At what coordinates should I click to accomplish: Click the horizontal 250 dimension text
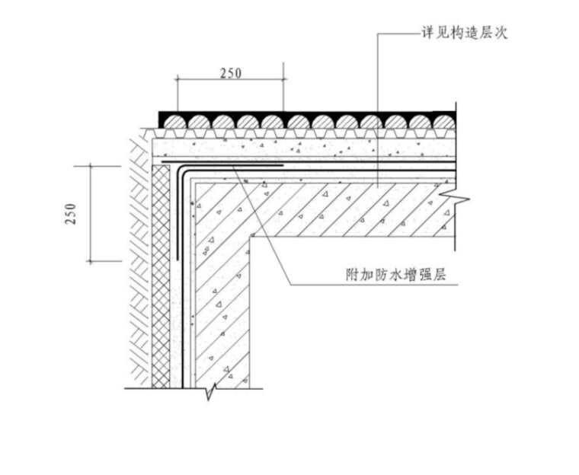click(x=230, y=73)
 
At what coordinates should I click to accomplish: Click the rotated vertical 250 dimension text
click(x=71, y=214)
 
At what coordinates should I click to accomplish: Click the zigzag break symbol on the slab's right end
click(x=459, y=200)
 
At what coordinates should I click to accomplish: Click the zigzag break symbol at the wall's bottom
click(x=212, y=391)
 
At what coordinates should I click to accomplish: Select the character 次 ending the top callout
click(x=501, y=33)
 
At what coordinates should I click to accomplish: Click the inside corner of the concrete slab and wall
click(x=252, y=235)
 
